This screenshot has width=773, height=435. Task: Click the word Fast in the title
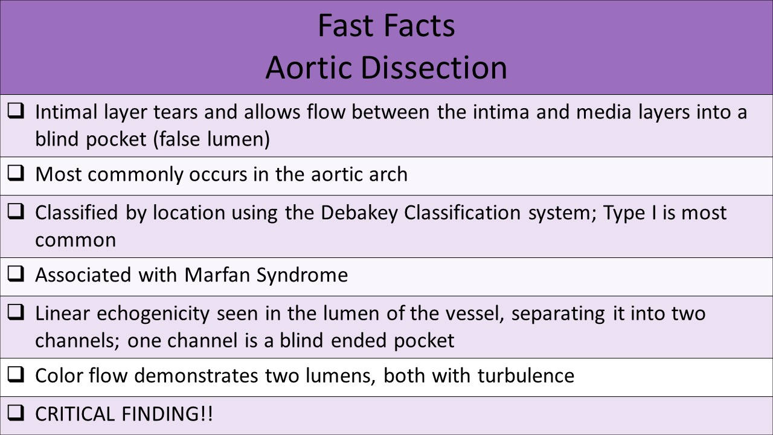[x=341, y=26]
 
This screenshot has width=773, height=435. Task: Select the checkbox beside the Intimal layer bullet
[x=16, y=111]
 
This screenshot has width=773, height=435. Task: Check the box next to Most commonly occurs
[x=16, y=174]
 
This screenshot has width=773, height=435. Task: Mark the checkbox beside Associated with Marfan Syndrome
[x=16, y=274]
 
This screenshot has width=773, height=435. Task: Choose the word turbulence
[x=525, y=375]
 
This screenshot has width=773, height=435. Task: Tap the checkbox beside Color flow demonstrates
[x=16, y=375]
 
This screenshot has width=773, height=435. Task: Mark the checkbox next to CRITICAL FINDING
[x=16, y=414]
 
